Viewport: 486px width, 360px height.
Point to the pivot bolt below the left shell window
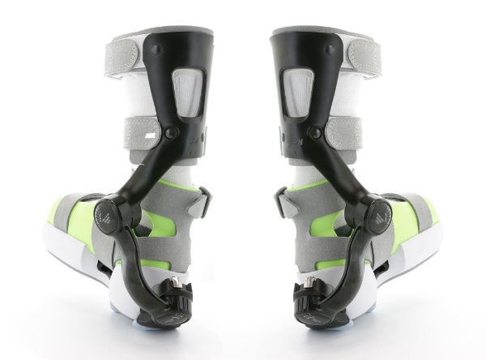tap(171, 132)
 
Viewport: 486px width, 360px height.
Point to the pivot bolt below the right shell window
tap(315, 132)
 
